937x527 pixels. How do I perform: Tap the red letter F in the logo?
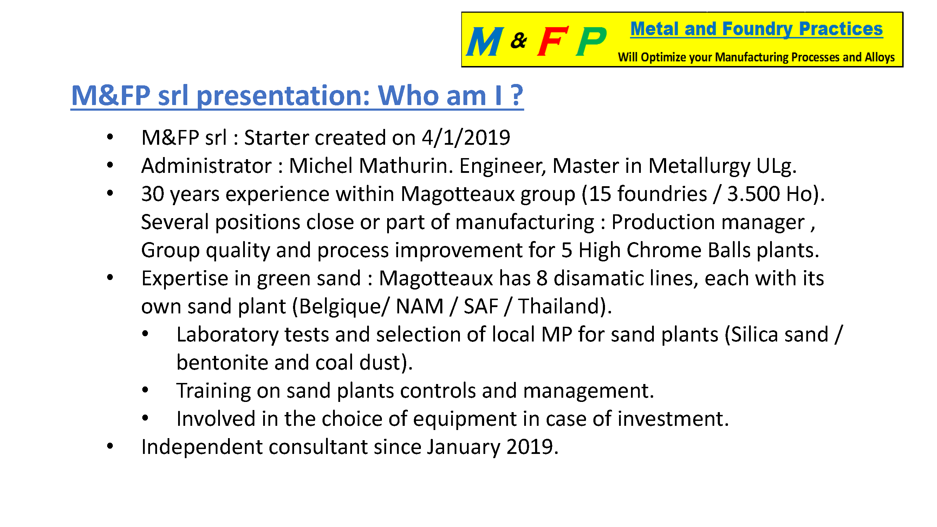pos(553,41)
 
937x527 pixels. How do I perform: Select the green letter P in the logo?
pos(591,41)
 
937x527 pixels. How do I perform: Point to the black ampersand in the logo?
pos(519,40)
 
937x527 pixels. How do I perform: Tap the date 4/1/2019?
pos(466,138)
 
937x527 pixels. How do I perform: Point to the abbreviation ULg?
pos(776,167)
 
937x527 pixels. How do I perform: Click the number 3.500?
pos(753,194)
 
